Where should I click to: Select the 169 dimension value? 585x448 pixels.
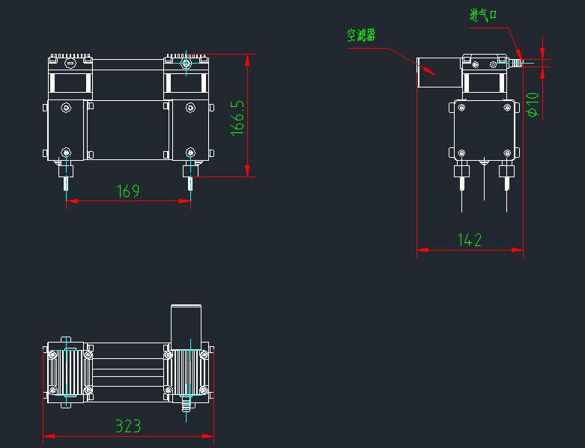tap(128, 191)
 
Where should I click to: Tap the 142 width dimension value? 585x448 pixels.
tap(470, 240)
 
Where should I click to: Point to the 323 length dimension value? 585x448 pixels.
tap(128, 426)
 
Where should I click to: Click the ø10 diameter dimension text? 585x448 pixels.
tap(533, 104)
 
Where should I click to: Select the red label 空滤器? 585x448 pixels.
tap(361, 35)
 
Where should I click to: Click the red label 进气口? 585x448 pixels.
tap(483, 14)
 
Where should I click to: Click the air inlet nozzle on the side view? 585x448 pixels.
tap(515, 64)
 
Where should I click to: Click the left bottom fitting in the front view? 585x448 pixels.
tap(67, 176)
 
